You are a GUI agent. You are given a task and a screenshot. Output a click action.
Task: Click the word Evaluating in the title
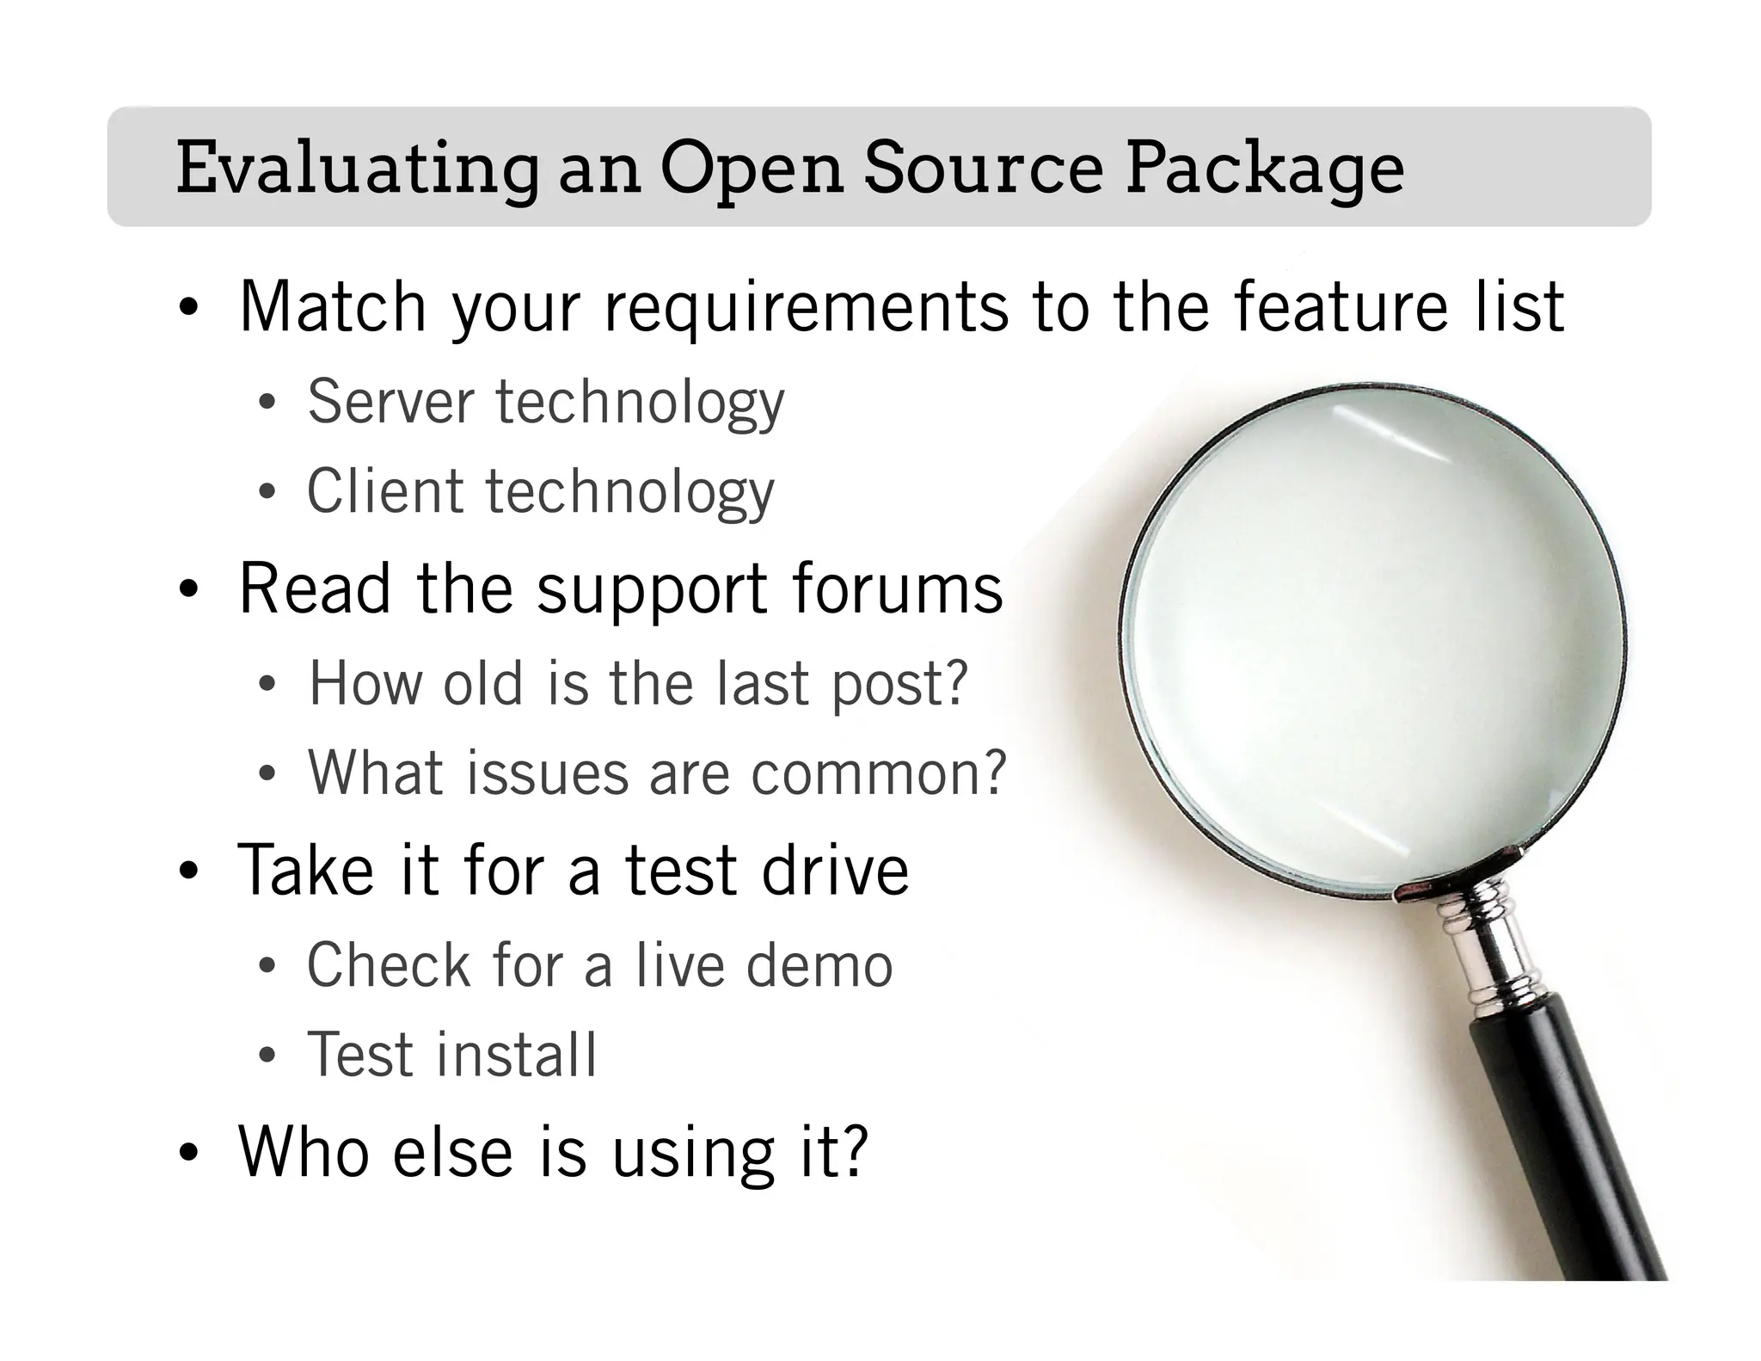(357, 169)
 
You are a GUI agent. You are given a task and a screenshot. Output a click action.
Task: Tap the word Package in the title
(1265, 169)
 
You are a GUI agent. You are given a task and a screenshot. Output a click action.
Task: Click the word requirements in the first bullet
(807, 307)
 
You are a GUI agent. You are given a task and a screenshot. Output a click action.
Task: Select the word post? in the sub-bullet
(899, 685)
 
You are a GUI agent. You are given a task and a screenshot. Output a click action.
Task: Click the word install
(517, 1055)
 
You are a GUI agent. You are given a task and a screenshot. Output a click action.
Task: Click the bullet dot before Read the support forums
(189, 592)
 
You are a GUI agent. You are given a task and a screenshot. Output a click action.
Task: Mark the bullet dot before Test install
(267, 1056)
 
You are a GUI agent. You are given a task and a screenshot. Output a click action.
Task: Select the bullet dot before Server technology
(267, 403)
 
